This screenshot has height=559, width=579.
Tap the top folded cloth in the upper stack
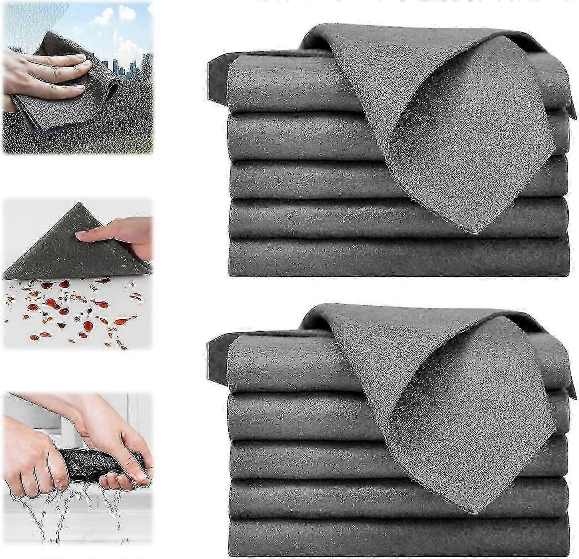[x=280, y=86]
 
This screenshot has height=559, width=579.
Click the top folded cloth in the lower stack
[x=280, y=366]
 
